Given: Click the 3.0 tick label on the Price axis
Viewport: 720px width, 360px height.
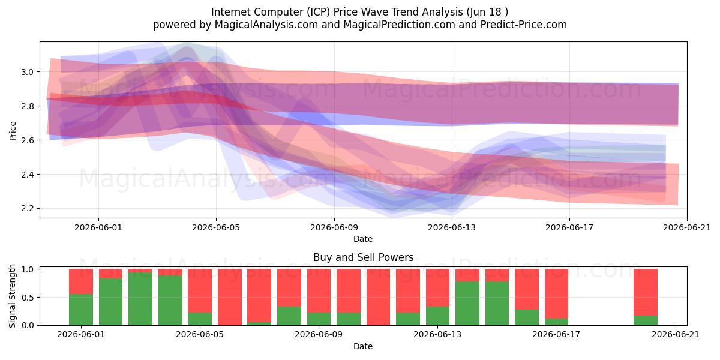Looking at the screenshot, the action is click(28, 72).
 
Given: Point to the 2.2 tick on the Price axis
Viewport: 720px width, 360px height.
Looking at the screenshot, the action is click(28, 209).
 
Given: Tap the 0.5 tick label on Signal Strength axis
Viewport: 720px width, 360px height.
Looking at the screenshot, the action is click(28, 298).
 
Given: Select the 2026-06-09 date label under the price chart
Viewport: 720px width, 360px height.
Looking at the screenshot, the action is click(334, 227).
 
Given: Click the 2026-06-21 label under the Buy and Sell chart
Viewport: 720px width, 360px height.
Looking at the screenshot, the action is click(676, 335).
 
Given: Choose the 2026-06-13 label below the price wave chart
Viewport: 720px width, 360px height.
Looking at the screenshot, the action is click(452, 227).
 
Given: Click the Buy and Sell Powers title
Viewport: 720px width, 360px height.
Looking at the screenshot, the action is click(363, 257).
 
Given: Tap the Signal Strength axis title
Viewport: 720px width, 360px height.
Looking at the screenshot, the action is click(12, 296).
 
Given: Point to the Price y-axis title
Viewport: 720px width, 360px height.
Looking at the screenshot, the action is click(13, 131).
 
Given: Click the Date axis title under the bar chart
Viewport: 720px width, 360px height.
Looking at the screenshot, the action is click(363, 346).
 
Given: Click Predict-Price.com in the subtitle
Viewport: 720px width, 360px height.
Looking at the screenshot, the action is click(524, 25).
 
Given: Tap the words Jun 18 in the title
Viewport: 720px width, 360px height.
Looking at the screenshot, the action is click(484, 12).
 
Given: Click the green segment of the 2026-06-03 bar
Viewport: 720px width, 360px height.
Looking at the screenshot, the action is click(140, 299).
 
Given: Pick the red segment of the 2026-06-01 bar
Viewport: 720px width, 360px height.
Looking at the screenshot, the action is click(81, 281).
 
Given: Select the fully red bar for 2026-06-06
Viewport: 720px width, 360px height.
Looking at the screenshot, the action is click(229, 297).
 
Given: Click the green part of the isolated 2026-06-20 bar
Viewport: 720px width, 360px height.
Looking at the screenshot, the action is click(646, 320).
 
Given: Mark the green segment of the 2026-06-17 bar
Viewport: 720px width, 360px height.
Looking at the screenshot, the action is click(556, 322).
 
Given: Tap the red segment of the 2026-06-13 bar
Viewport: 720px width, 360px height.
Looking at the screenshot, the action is click(438, 287).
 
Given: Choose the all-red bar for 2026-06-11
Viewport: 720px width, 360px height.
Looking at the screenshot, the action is click(378, 297).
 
